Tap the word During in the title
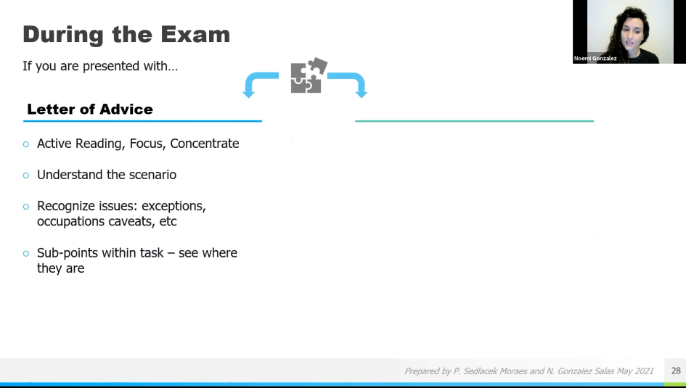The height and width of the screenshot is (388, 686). pos(62,34)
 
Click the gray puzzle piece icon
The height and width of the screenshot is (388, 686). pos(308,75)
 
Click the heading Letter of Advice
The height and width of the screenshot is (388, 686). pos(90,110)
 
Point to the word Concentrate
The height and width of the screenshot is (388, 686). pos(205,144)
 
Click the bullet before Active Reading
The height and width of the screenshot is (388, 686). pos(27,144)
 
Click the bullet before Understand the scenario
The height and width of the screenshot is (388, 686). pos(27,176)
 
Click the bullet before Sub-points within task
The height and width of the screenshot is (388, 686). pos(27,254)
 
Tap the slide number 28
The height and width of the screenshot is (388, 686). pos(676,371)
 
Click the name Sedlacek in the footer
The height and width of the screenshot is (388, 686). pos(483,371)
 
